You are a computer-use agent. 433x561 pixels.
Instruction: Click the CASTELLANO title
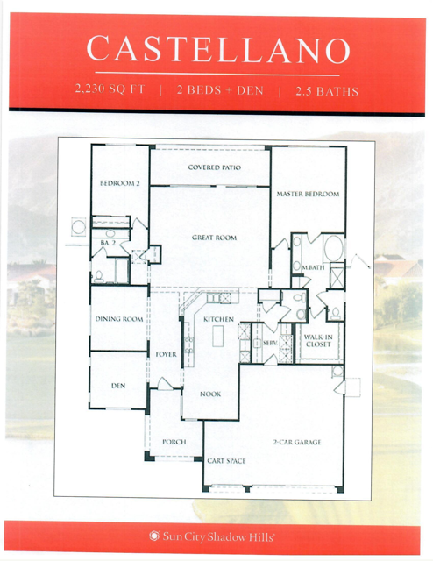218,49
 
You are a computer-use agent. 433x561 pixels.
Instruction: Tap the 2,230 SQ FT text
110,89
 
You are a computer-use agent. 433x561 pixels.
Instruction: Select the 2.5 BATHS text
327,91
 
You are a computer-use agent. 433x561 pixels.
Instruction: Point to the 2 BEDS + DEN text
220,89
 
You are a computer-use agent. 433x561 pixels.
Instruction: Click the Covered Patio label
215,167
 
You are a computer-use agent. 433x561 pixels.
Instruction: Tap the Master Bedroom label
308,194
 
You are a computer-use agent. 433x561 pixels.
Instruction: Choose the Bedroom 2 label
120,183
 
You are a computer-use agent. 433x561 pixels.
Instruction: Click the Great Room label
214,238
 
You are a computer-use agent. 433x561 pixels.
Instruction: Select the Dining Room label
119,319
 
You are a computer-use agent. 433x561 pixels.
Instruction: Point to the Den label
118,386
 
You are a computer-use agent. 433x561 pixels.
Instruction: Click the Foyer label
166,354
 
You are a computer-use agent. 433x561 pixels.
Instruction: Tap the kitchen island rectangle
218,336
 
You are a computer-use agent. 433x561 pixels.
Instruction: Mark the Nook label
210,394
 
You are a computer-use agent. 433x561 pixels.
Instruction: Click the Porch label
174,442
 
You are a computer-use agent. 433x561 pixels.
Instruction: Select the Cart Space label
226,461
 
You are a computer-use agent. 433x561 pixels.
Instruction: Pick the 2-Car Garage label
297,442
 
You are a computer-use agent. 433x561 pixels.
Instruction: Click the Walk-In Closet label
318,340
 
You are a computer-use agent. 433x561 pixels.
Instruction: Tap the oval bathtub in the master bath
333,248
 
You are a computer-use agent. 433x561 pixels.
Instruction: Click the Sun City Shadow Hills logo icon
154,536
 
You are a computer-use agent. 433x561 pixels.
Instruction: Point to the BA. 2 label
108,243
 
